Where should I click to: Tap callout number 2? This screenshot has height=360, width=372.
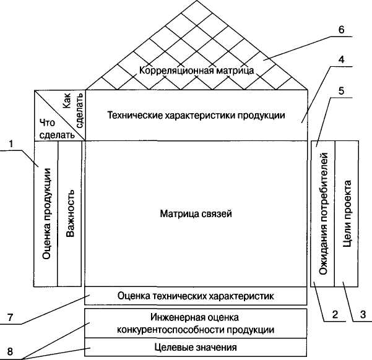334,315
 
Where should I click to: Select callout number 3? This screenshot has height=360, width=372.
363,315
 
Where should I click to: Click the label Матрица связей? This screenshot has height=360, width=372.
196,213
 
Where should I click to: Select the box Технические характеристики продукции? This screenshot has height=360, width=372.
196,115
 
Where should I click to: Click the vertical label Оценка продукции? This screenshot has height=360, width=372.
46,213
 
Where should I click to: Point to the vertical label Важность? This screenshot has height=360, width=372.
71,213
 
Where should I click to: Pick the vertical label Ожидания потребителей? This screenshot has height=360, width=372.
322,213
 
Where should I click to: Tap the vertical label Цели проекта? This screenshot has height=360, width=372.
347,213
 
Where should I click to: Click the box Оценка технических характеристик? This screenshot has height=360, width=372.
196,296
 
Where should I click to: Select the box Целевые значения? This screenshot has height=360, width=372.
196,346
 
